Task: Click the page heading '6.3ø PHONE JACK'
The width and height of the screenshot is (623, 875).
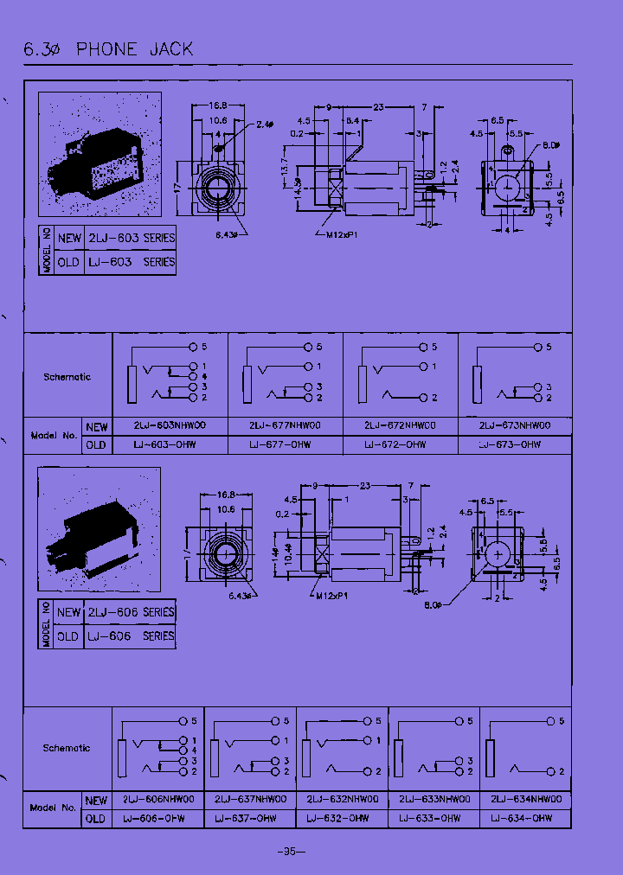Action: coord(109,49)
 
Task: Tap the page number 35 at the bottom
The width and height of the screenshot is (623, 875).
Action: coord(290,851)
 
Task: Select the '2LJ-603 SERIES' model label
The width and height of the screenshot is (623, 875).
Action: coord(130,238)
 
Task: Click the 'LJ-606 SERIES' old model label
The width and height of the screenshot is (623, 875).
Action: coord(130,635)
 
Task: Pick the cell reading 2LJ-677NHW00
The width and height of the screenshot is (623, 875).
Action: coord(285,426)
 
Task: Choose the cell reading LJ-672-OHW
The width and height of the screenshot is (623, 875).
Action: coord(400,444)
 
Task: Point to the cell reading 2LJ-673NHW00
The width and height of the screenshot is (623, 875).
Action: coord(515,426)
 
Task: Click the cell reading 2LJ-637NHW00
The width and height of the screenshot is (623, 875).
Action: coord(250,800)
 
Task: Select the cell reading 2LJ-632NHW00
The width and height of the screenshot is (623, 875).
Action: coord(342,800)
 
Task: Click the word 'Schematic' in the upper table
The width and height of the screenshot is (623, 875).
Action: coord(67,377)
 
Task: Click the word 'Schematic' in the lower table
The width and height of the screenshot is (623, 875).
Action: coord(67,749)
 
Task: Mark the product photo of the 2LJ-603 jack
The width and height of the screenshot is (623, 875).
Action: coord(100,154)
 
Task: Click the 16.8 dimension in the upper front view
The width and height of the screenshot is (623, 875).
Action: coord(217,106)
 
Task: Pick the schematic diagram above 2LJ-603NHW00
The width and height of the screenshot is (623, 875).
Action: coord(170,373)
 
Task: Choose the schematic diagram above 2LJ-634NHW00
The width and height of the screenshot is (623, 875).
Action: coord(524,746)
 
